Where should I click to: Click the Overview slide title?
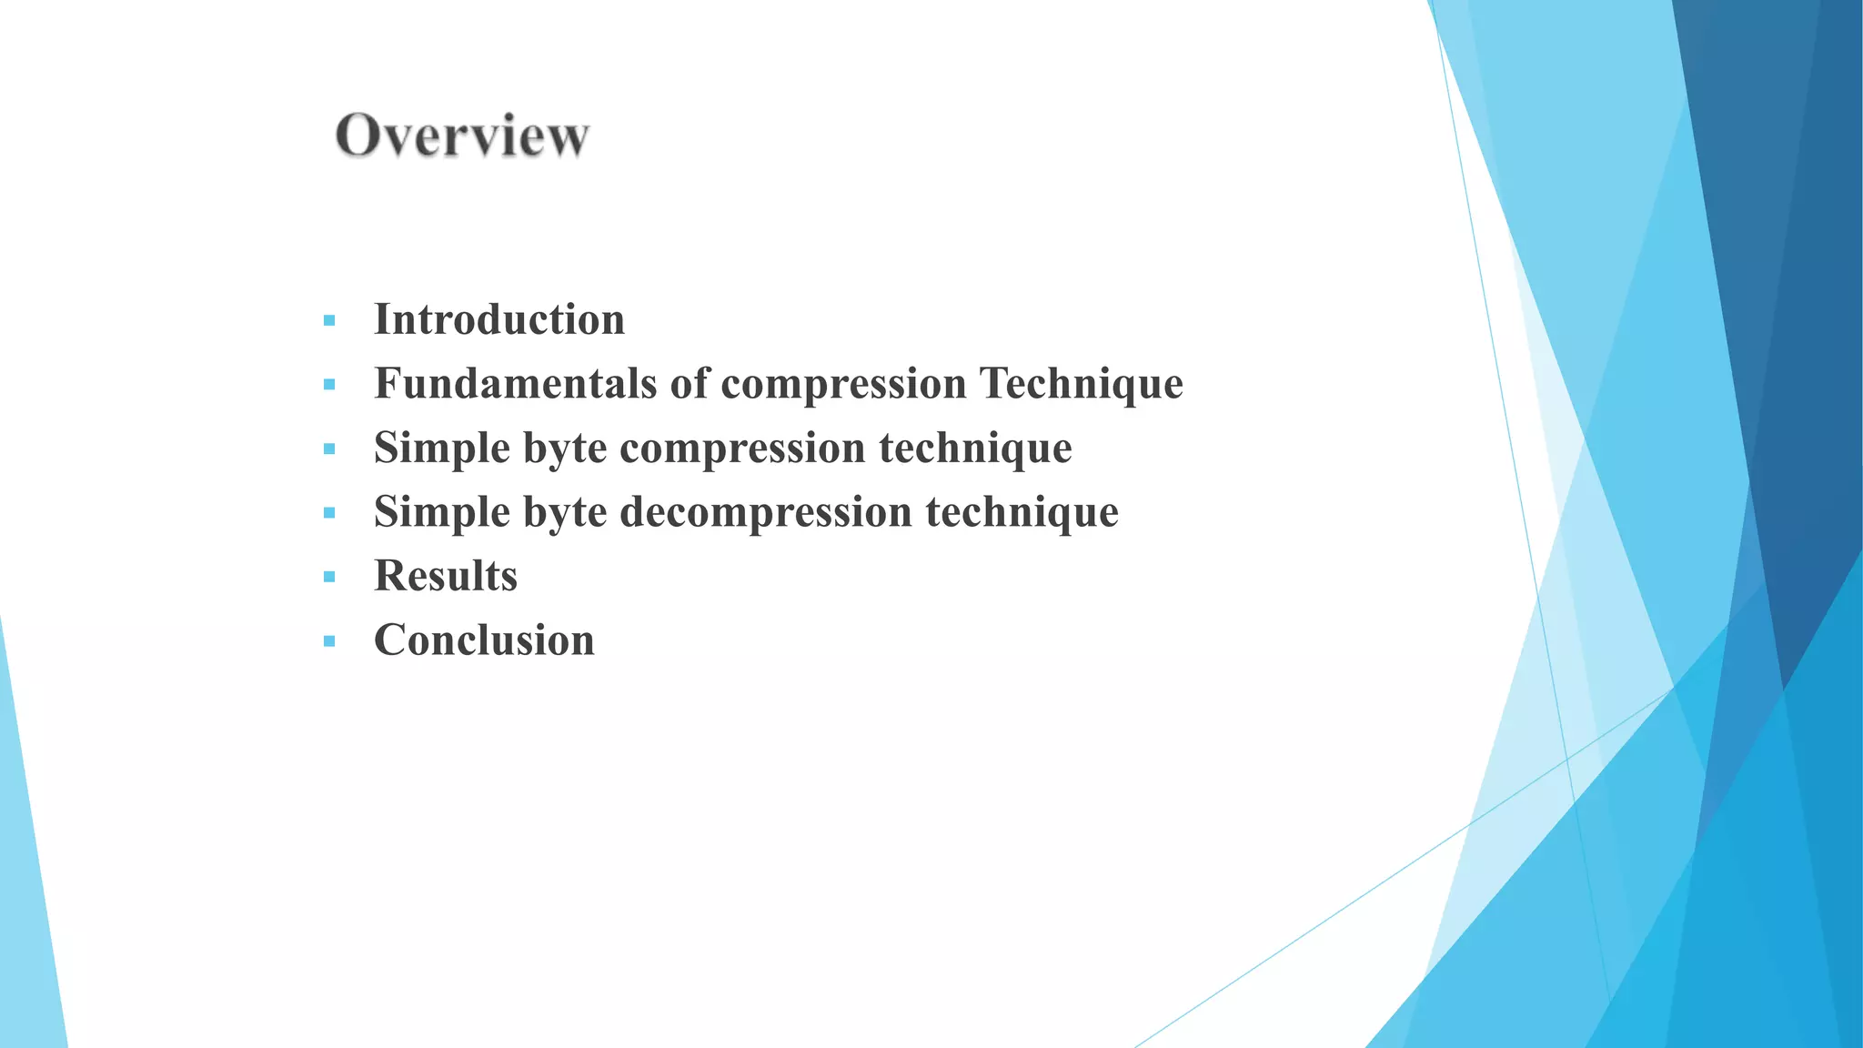point(462,136)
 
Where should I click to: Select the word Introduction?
point(499,320)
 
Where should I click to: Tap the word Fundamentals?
point(515,384)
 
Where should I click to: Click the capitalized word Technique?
point(1081,384)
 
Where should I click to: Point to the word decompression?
point(766,512)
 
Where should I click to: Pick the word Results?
point(446,576)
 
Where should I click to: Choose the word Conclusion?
point(484,640)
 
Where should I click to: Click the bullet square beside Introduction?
point(329,321)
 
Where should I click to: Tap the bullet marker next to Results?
point(329,577)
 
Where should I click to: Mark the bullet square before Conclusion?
point(329,641)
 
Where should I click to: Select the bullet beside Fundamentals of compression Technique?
point(329,385)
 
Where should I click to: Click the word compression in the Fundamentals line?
point(843,384)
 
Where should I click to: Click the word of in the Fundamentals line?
point(689,384)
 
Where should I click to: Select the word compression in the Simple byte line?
point(742,448)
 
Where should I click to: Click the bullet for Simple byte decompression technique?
point(329,513)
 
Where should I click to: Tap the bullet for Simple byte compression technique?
point(329,449)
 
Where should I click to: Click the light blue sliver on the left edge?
point(27,910)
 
